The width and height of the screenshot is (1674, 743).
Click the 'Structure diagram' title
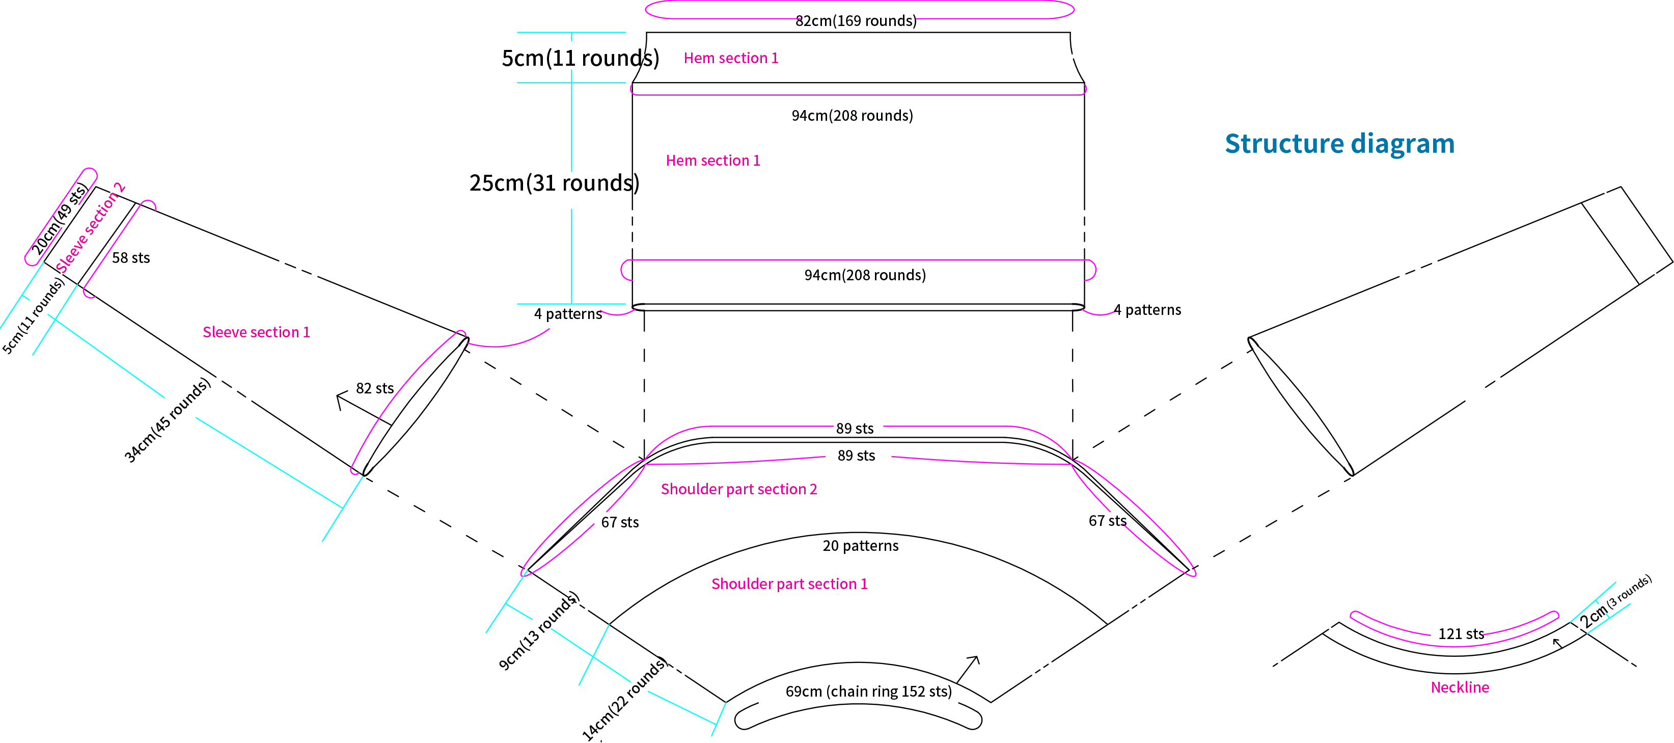click(x=1339, y=144)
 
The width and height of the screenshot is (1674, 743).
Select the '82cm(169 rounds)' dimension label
click(x=856, y=21)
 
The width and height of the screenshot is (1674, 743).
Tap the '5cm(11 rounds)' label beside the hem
click(x=580, y=58)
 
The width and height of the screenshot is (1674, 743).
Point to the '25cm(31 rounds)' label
click(x=554, y=182)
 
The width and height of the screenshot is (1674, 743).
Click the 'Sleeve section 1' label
click(x=256, y=332)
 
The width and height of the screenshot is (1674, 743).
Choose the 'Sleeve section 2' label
click(x=90, y=227)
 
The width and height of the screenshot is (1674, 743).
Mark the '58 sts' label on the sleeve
click(x=130, y=258)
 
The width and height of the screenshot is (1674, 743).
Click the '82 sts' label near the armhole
click(x=375, y=388)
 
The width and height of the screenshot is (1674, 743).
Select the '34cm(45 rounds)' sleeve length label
click(x=168, y=420)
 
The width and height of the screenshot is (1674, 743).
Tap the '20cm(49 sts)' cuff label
click(x=59, y=219)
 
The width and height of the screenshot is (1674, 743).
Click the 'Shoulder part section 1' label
click(x=789, y=583)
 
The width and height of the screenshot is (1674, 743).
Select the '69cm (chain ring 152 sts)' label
click(x=868, y=691)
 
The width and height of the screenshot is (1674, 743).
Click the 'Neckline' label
click(x=1460, y=687)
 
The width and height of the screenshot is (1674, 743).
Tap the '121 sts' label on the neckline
click(x=1461, y=634)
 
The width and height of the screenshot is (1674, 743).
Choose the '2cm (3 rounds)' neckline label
click(x=1615, y=602)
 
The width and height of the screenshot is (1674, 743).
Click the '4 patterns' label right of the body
click(x=1147, y=310)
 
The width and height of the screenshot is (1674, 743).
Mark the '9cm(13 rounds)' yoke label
click(x=539, y=630)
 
